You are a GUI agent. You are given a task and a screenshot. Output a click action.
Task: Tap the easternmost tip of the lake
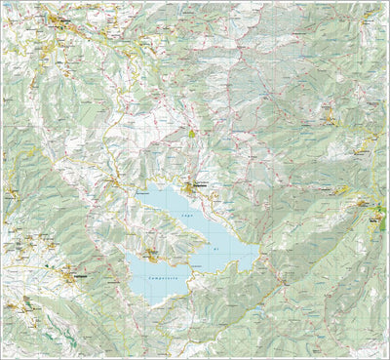coord(256,256)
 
